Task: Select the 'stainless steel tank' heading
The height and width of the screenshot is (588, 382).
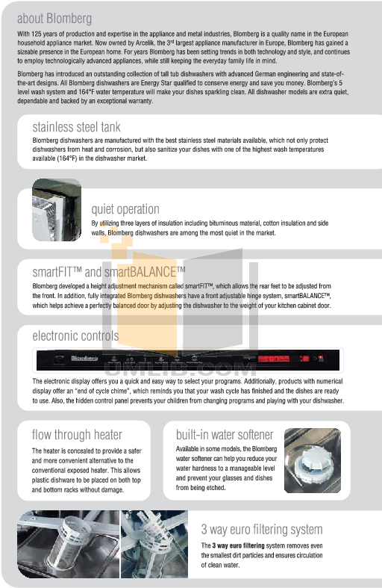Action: click(76, 127)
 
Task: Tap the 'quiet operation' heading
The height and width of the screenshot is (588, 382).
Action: click(125, 209)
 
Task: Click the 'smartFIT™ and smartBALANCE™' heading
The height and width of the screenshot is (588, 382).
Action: click(109, 270)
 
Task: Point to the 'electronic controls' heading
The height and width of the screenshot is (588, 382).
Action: click(75, 336)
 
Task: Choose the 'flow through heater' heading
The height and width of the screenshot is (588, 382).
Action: click(77, 435)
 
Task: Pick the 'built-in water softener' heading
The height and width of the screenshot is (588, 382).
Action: click(225, 435)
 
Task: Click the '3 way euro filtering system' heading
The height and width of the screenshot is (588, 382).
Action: click(261, 530)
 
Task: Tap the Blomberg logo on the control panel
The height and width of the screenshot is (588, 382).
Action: click(62, 361)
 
